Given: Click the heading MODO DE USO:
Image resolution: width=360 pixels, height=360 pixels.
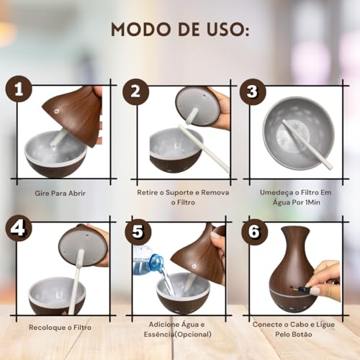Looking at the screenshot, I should click(x=180, y=30).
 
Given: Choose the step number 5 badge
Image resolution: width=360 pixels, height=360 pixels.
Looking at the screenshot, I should click(x=135, y=233).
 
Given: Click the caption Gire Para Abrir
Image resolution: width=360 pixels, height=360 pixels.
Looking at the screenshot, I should click(x=63, y=193).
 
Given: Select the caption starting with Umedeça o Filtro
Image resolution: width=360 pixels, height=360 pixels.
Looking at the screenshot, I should click(x=296, y=198).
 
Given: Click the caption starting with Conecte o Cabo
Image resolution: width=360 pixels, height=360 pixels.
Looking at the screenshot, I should click(x=296, y=329).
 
